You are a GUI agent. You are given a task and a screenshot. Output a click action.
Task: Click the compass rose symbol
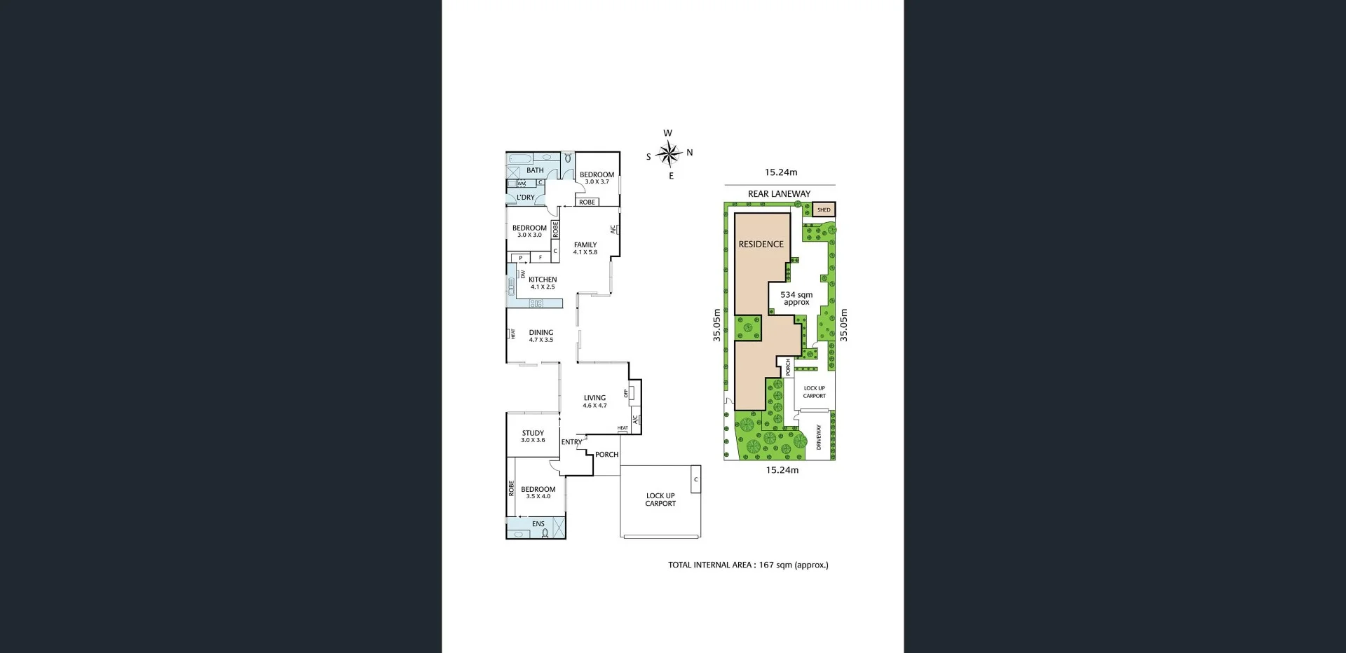click(x=669, y=153)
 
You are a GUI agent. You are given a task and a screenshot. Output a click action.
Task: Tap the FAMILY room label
click(x=585, y=248)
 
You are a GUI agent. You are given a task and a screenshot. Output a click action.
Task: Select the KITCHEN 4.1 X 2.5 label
click(x=543, y=283)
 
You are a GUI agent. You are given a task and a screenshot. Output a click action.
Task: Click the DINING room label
click(x=541, y=336)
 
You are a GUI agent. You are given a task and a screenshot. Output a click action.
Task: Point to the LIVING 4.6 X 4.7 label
click(x=594, y=401)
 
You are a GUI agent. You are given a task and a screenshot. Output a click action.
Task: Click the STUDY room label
click(x=533, y=437)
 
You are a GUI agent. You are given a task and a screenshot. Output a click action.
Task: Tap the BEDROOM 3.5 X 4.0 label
click(x=538, y=493)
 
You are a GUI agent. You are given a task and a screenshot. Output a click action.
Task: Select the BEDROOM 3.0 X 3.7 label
click(x=597, y=178)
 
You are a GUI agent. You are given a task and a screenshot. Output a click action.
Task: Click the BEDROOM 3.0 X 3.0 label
click(x=529, y=231)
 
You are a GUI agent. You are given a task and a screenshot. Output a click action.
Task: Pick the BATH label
click(x=535, y=170)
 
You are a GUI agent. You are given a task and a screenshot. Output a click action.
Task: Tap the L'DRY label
click(x=526, y=198)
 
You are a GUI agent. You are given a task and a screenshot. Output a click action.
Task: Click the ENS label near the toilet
click(x=538, y=524)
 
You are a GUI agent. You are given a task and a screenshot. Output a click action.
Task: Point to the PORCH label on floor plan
click(x=607, y=455)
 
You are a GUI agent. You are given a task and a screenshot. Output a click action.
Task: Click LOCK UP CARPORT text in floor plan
click(x=660, y=500)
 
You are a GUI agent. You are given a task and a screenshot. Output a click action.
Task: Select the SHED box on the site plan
click(x=824, y=209)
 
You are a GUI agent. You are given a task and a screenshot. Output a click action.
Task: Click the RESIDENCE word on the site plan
click(x=761, y=245)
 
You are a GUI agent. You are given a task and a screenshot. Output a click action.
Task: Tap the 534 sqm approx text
click(x=796, y=298)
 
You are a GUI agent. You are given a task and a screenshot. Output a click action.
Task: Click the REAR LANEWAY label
click(x=779, y=194)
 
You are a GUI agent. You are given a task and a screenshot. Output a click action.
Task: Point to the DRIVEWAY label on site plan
click(x=818, y=437)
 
